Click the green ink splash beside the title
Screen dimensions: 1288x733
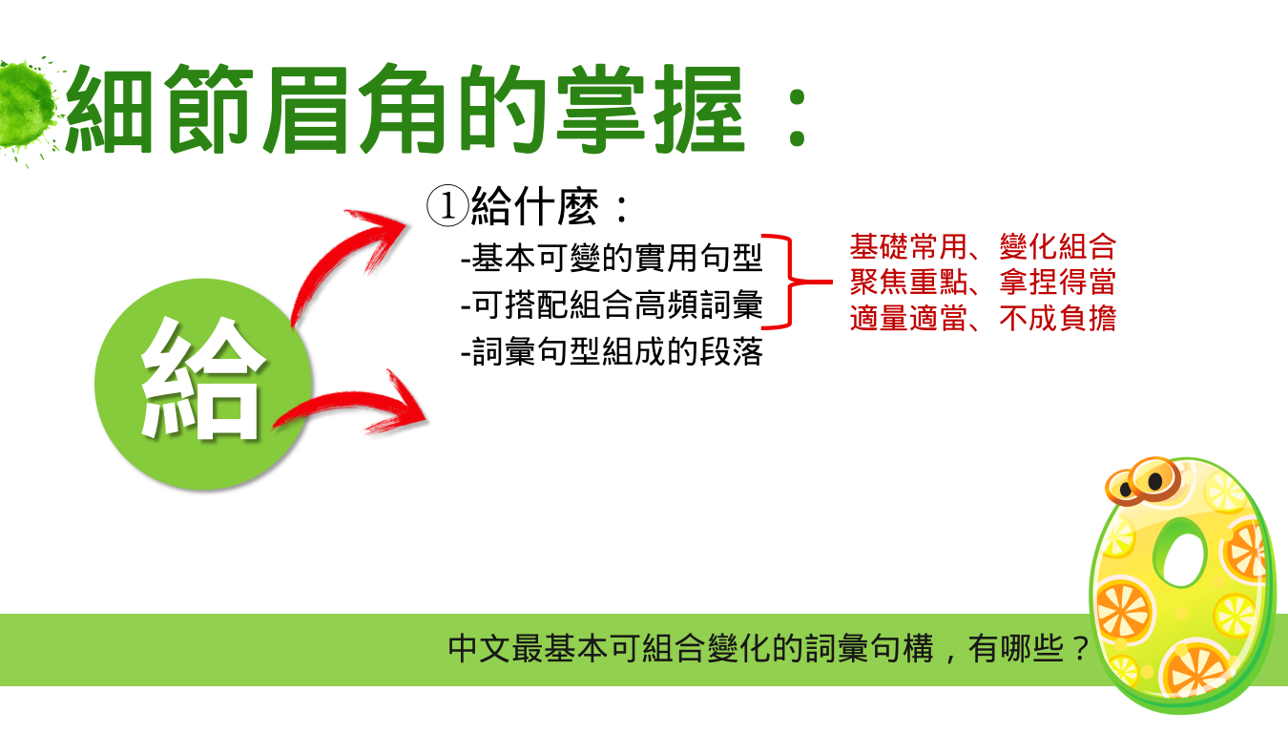(26, 107)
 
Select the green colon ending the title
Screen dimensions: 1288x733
(798, 113)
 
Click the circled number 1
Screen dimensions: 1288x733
(447, 205)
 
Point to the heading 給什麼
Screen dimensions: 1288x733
(534, 206)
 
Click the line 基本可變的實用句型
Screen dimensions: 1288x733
(613, 258)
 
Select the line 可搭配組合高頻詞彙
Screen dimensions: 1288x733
(613, 304)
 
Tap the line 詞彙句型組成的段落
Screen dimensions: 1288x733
(613, 351)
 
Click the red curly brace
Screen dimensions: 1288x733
(791, 282)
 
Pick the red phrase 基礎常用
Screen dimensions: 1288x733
(908, 247)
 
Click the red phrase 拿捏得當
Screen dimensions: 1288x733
(1058, 282)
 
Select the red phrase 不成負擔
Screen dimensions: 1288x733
(1058, 318)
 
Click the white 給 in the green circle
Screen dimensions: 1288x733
(201, 379)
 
